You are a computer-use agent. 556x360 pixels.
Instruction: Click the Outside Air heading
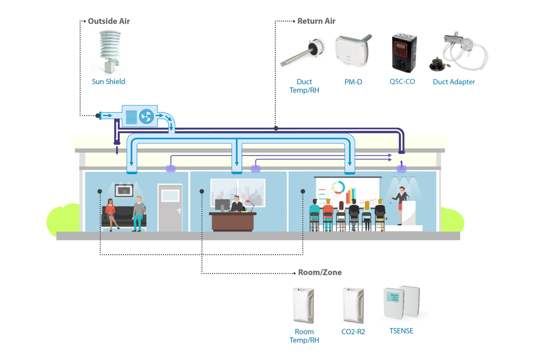pos(108,21)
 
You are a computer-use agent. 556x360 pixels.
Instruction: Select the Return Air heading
pos(316,21)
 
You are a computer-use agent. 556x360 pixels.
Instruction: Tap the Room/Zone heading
pos(320,272)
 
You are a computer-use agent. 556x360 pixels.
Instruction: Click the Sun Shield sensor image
pos(110,51)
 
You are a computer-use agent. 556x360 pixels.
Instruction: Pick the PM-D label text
pos(353,82)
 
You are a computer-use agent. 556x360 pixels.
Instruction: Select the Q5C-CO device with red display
pos(402,52)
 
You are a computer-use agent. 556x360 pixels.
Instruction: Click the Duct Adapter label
pos(454,82)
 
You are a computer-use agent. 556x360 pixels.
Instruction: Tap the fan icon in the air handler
pos(146,116)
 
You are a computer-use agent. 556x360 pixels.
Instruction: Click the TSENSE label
pos(401,331)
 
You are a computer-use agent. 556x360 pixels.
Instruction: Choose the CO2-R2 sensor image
pos(353,305)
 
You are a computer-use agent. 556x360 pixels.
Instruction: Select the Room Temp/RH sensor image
pos(303,305)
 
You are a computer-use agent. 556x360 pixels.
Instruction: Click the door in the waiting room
pos(170,208)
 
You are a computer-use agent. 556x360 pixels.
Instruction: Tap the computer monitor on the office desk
pos(222,204)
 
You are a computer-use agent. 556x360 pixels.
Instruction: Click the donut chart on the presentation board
pos(338,188)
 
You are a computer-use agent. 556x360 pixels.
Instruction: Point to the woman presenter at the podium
pos(401,204)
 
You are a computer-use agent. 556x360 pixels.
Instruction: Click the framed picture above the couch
pos(124,190)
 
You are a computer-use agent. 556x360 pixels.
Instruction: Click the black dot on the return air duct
pos(276,128)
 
